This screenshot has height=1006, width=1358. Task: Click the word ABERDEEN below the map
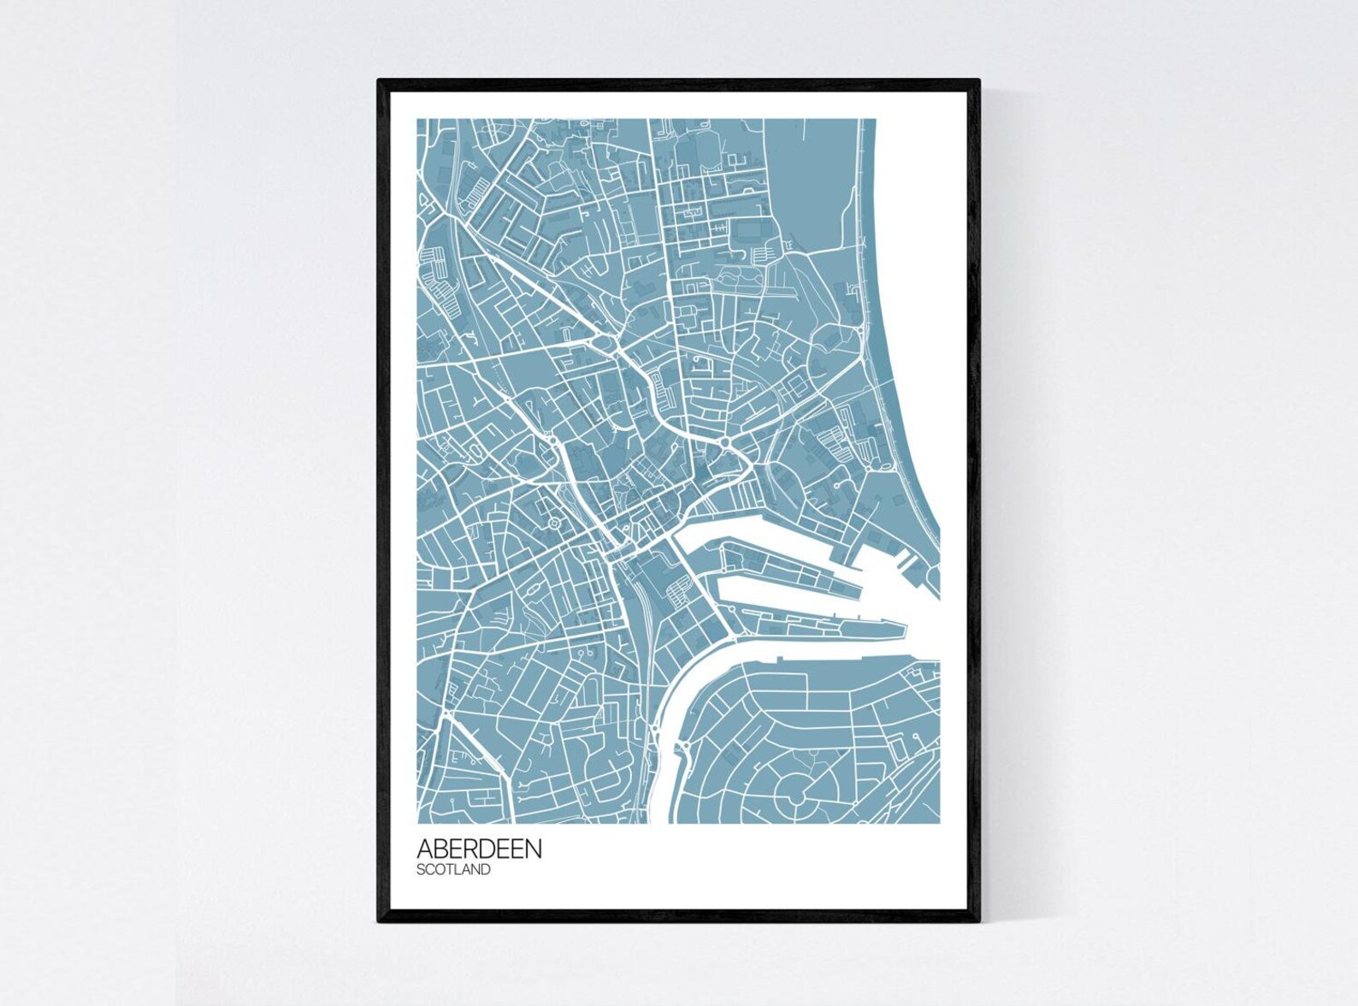479,849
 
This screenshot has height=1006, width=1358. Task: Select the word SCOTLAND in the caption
453,870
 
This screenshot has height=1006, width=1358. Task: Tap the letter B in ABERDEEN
440,849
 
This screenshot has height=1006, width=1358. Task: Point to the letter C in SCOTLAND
430,870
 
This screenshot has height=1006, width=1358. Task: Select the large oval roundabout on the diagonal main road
606,343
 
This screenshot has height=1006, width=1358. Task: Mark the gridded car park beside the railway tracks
682,590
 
